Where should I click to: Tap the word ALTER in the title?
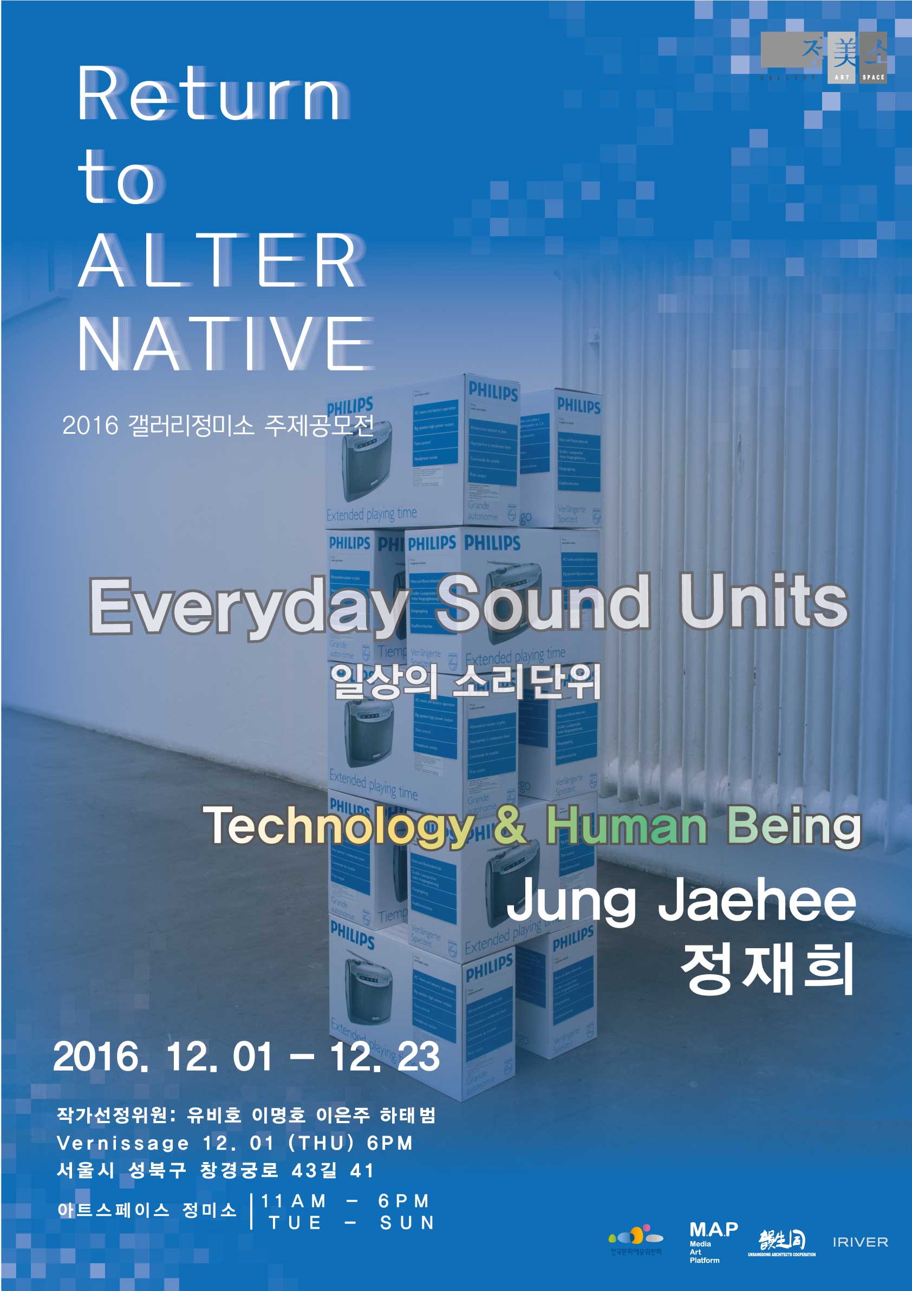point(221,260)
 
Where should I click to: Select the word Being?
point(793,825)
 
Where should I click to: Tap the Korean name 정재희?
point(767,968)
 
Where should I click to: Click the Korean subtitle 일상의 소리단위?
point(466,682)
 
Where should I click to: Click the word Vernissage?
point(122,1143)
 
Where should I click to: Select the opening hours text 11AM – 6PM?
point(345,1201)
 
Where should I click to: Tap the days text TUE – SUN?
point(351,1223)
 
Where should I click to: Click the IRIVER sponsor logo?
point(859,1242)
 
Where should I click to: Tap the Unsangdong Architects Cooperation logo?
point(781,1243)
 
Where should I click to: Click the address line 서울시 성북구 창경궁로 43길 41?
point(216,1171)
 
